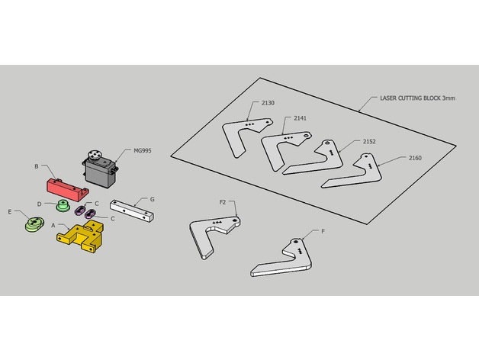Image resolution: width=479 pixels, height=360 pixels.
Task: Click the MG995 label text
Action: [x=143, y=151]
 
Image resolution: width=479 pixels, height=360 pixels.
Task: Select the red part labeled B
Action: [x=67, y=190]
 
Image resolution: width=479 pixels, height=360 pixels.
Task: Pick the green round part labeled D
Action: [x=63, y=205]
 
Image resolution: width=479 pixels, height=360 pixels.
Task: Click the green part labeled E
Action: [x=34, y=224]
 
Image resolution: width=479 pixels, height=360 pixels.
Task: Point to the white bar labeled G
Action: [x=132, y=211]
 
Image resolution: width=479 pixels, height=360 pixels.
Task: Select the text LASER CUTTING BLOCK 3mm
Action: [x=417, y=98]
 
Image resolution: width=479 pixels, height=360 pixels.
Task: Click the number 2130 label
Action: [x=268, y=103]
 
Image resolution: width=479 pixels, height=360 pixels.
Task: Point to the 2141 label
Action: [x=300, y=118]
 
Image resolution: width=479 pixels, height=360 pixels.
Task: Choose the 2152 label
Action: [x=369, y=142]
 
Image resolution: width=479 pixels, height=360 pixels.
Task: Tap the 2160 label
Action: [x=415, y=158]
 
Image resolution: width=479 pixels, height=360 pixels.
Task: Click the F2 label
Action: [x=223, y=202]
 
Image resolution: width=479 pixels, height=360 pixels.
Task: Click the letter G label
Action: [x=152, y=199]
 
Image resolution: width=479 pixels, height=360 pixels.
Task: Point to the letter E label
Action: [x=10, y=211]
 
